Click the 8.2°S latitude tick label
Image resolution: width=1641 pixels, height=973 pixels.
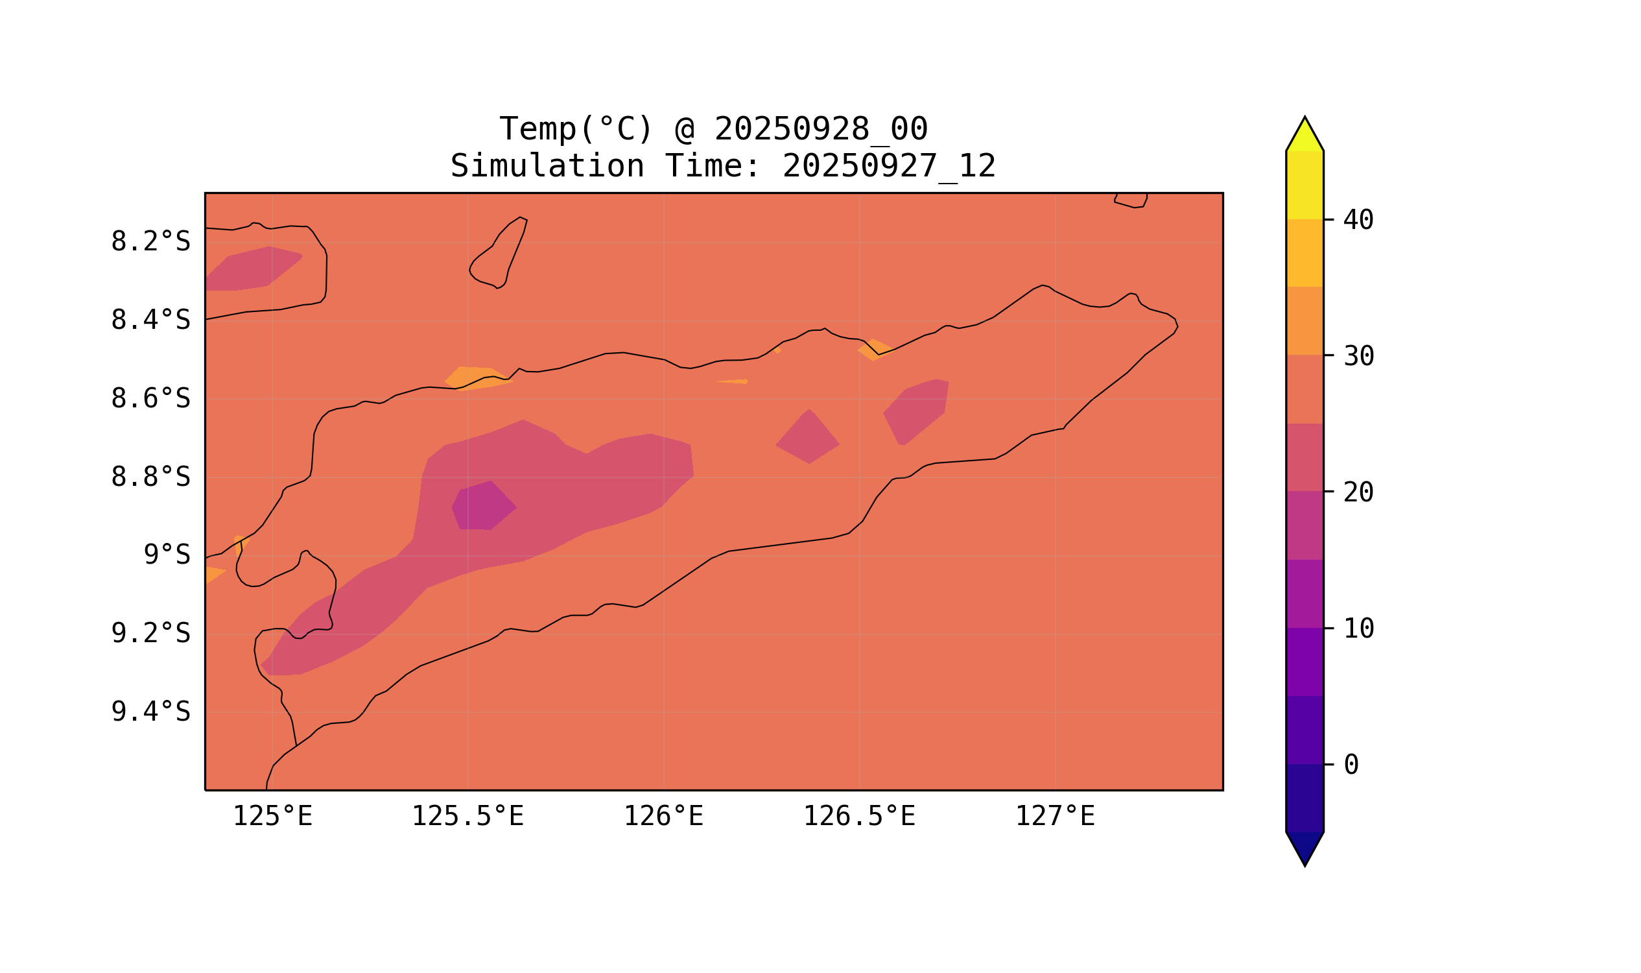pyautogui.click(x=150, y=242)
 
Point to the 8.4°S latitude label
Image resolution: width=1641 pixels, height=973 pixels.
pyautogui.click(x=150, y=320)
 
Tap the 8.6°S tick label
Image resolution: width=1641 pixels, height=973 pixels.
pyautogui.click(x=150, y=399)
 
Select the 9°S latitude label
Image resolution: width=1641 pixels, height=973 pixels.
pyautogui.click(x=167, y=555)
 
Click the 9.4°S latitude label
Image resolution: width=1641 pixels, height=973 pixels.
pyautogui.click(x=150, y=712)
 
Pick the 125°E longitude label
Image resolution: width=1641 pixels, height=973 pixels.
pyautogui.click(x=272, y=817)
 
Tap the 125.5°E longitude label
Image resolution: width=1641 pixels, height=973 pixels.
pyautogui.click(x=467, y=817)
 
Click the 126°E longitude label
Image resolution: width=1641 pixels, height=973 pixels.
pyautogui.click(x=663, y=817)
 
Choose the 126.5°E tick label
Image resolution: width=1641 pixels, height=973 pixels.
pyautogui.click(x=859, y=817)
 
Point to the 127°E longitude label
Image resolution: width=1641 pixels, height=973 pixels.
pyautogui.click(x=1055, y=817)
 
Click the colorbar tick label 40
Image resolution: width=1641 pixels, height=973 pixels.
pyautogui.click(x=1358, y=221)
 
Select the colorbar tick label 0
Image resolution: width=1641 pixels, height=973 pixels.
pyautogui.click(x=1351, y=765)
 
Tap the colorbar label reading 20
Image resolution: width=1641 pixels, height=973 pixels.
pyautogui.click(x=1358, y=492)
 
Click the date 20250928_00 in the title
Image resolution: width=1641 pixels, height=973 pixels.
pyautogui.click(x=821, y=129)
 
